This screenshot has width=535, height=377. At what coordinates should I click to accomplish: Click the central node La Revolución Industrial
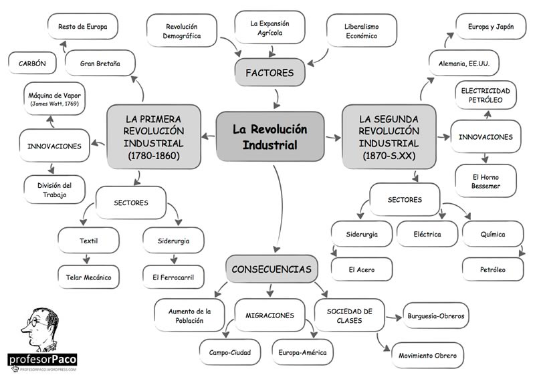[x=270, y=136]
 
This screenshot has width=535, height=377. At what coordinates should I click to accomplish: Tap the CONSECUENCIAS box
[x=271, y=270]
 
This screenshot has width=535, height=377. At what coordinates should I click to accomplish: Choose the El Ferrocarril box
[x=173, y=275]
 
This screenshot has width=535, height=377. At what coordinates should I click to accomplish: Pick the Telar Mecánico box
[x=88, y=275]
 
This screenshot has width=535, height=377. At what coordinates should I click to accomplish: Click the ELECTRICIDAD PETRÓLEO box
[x=486, y=96]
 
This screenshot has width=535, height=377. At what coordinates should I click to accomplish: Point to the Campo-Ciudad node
[x=229, y=350]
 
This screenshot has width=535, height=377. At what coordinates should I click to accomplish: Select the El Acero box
[x=361, y=269]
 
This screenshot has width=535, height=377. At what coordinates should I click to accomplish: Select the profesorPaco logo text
[x=42, y=359]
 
